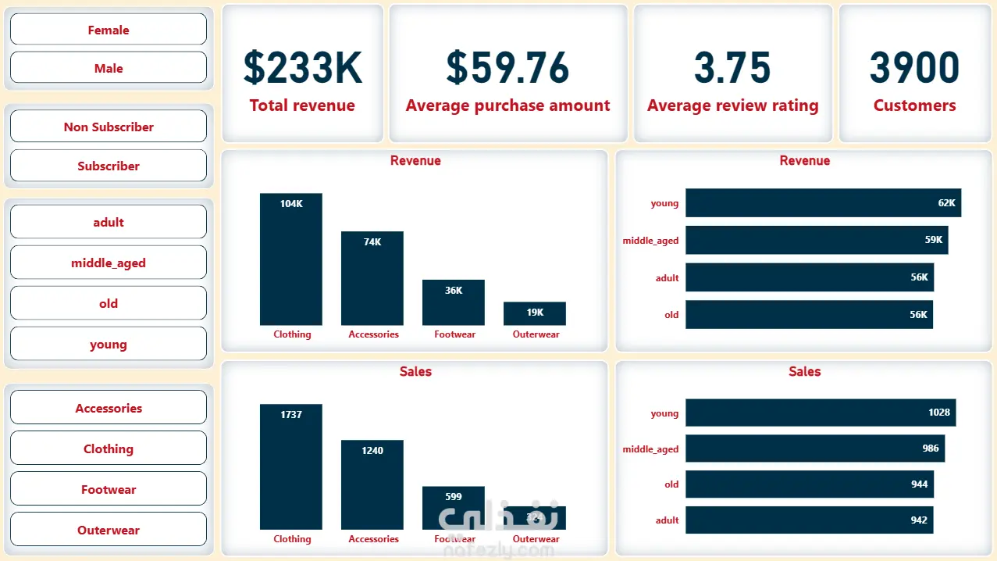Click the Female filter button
click(109, 30)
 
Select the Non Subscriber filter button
click(109, 127)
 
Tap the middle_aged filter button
click(109, 263)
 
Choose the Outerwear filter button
click(109, 530)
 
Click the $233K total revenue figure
click(303, 68)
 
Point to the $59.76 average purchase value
click(507, 68)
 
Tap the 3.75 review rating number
click(732, 68)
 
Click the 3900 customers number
click(914, 68)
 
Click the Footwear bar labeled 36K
click(454, 303)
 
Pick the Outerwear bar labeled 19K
click(535, 313)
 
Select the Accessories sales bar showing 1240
click(372, 484)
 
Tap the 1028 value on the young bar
click(939, 413)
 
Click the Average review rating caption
click(732, 105)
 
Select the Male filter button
click(109, 68)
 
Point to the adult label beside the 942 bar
click(668, 520)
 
